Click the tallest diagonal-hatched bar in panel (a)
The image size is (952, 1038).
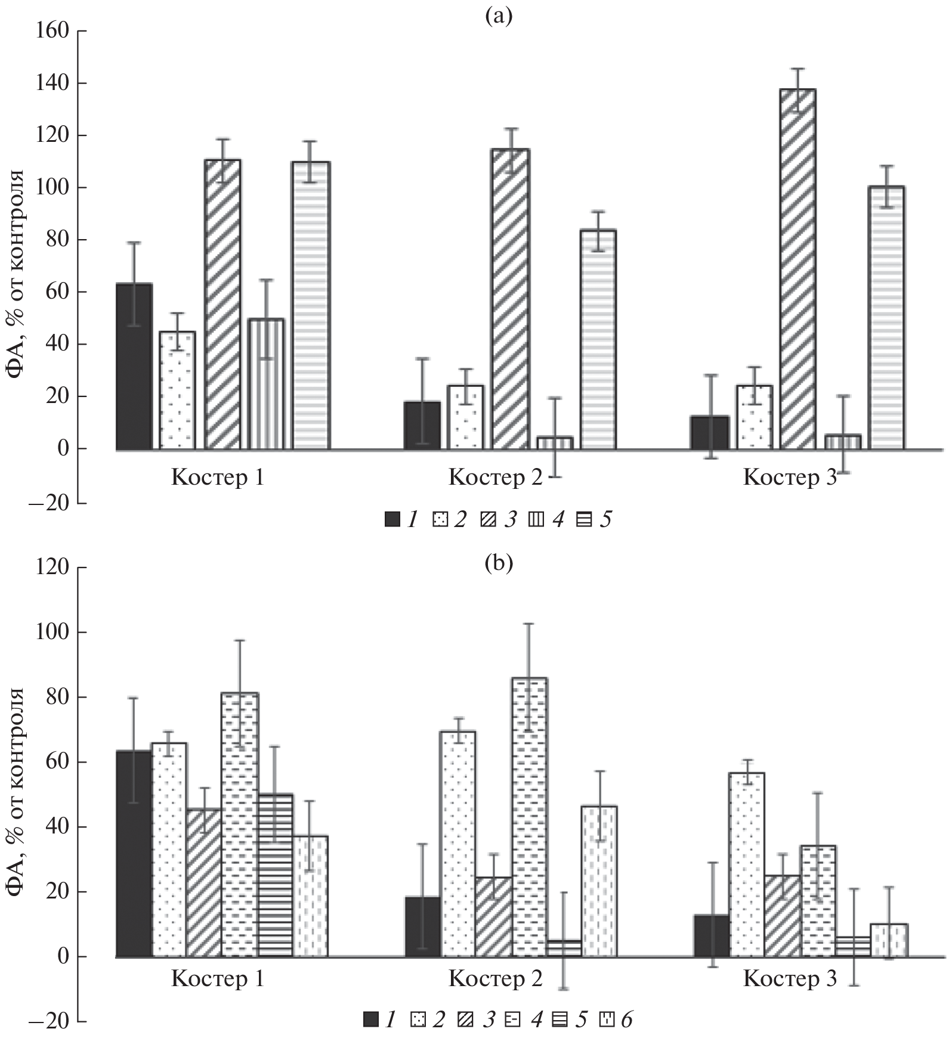pos(798,268)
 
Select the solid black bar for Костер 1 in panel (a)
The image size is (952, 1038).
pos(134,366)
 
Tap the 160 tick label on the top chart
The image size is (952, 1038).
pos(53,30)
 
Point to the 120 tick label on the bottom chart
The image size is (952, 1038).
pos(53,567)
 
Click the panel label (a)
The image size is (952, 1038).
pos(499,17)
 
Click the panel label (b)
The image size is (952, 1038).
pos(499,563)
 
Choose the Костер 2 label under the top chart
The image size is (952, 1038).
pos(495,478)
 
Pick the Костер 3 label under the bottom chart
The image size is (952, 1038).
pos(790,978)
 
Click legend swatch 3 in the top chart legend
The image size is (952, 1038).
pos(488,520)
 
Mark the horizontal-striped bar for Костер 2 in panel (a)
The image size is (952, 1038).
pos(599,339)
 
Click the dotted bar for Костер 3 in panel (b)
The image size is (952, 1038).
pos(747,865)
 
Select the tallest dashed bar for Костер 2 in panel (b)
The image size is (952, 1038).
pos(529,817)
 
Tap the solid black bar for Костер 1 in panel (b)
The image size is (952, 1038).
pos(134,853)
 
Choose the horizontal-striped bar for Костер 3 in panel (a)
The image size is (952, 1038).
pos(886,317)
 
